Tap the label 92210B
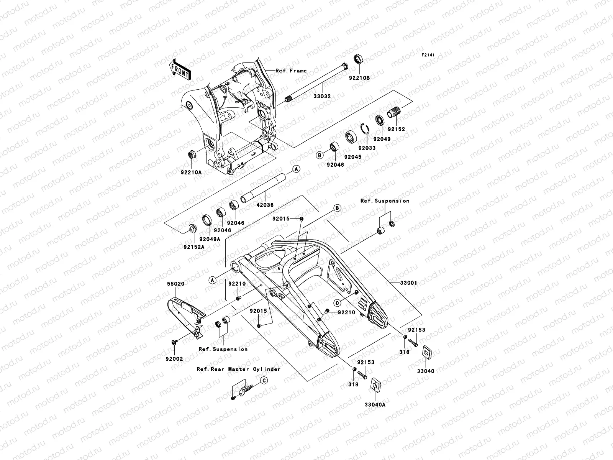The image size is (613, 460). click(359, 78)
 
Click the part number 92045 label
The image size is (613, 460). click(352, 157)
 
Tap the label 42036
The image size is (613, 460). click(265, 205)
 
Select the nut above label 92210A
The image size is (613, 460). click(192, 154)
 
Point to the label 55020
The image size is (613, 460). click(175, 284)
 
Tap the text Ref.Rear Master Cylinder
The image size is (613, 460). click(238, 369)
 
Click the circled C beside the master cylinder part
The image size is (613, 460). click(264, 380)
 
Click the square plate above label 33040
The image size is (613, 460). click(425, 352)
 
